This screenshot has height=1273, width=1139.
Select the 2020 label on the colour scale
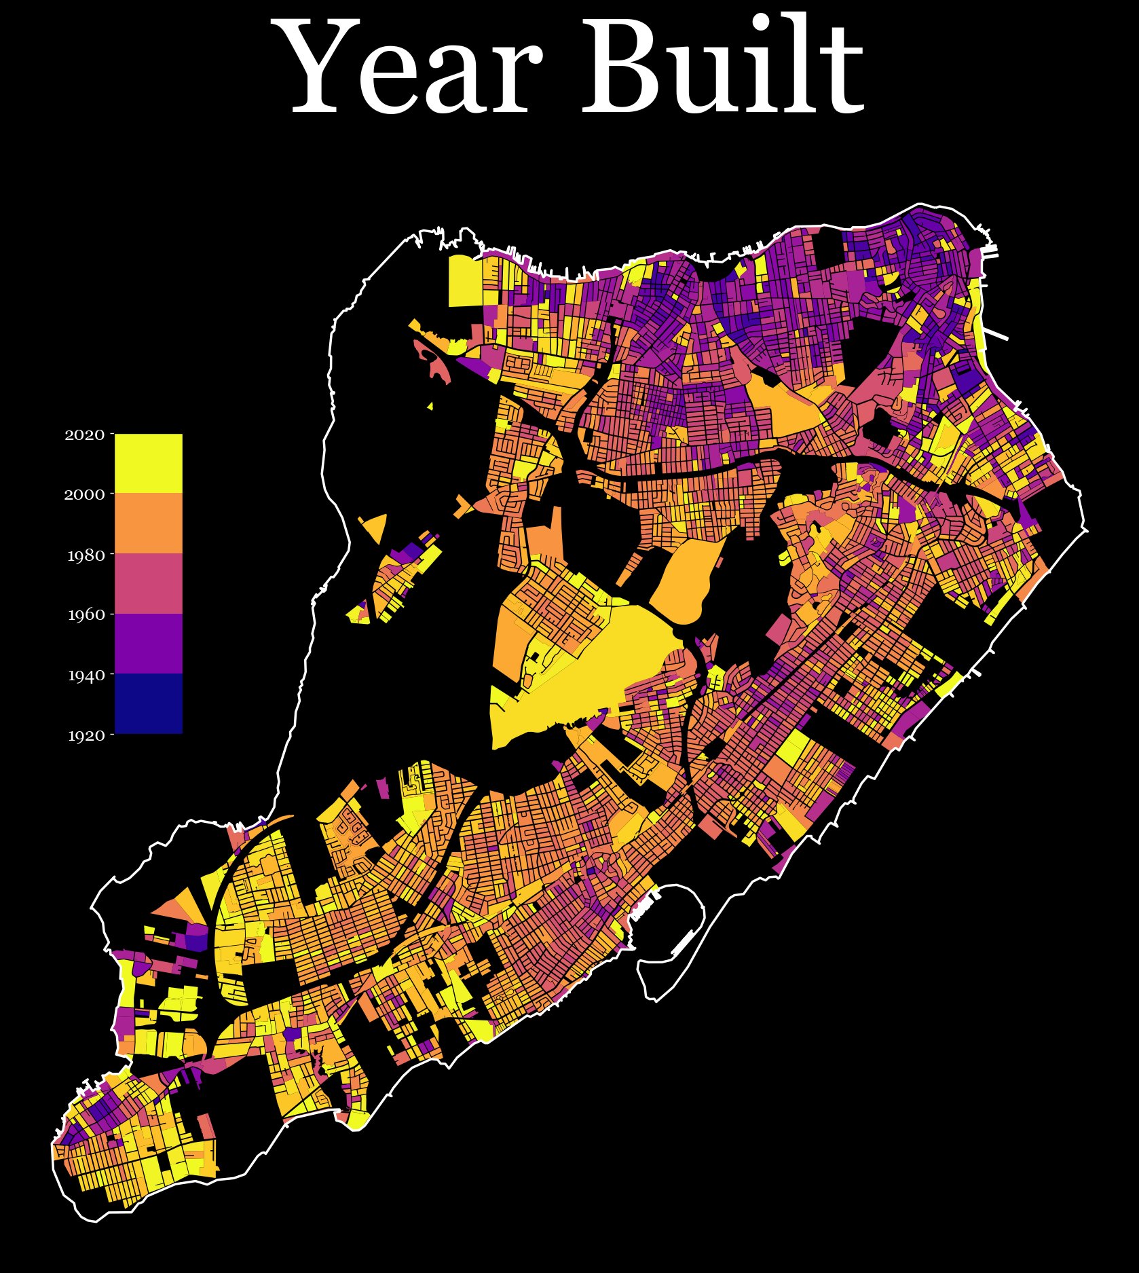tap(85, 435)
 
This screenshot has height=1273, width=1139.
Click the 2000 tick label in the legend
tap(85, 494)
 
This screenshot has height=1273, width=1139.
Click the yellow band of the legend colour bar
tap(148, 463)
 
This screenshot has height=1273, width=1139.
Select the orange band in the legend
tap(148, 523)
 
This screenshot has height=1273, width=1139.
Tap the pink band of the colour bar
tap(148, 583)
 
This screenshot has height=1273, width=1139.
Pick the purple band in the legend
tap(148, 643)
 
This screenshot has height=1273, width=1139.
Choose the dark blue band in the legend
tap(148, 703)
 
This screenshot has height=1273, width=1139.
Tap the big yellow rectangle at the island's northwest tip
tap(465, 282)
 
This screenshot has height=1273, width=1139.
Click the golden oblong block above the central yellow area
tap(686, 577)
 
